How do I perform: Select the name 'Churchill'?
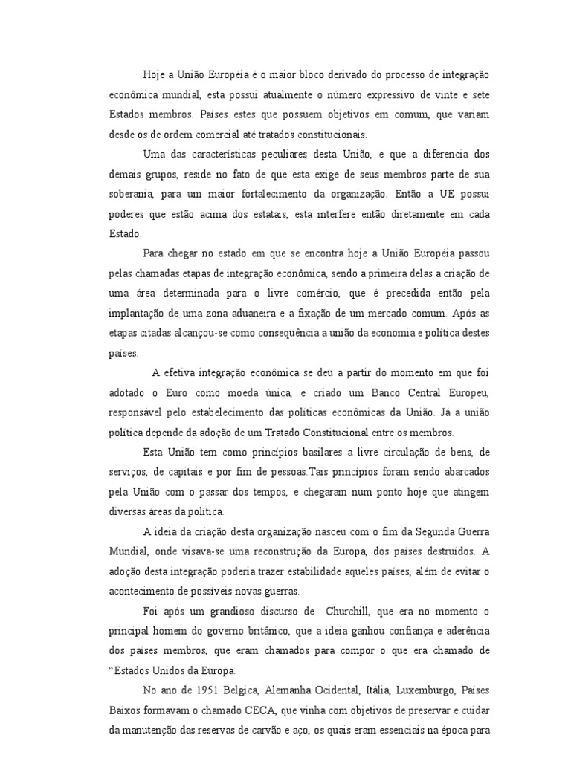pyautogui.click(x=349, y=611)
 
